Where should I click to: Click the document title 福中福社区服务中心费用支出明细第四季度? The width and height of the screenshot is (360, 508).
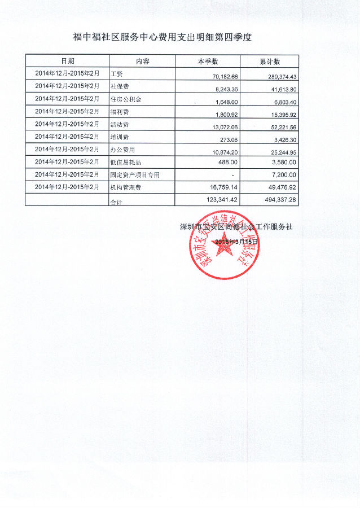(162, 37)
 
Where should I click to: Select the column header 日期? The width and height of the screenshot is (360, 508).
(67, 61)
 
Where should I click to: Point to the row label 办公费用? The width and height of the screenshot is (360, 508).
(123, 150)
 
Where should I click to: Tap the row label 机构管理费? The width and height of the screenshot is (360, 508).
(125, 187)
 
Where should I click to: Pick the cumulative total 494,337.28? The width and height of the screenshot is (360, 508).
(277, 199)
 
